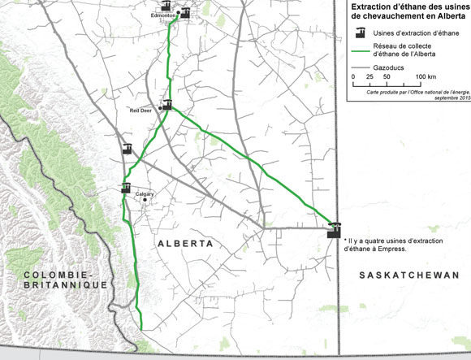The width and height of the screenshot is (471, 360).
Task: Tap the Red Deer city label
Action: tap(141, 109)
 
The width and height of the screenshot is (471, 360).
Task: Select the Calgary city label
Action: tap(145, 193)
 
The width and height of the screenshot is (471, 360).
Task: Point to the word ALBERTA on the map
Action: tap(185, 244)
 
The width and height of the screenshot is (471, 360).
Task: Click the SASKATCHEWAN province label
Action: tap(408, 276)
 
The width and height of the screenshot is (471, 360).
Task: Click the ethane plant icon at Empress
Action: tap(334, 230)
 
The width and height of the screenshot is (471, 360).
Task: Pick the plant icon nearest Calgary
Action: tap(126, 189)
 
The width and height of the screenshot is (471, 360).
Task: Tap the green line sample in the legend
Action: tap(361, 50)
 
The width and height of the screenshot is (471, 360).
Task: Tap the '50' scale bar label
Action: tap(387, 76)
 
